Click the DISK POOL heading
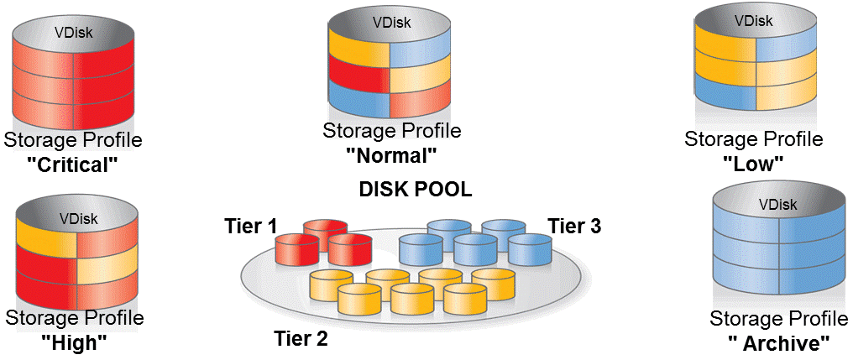[416, 190]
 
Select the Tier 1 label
[249, 227]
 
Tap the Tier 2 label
[301, 338]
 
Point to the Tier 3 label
[574, 226]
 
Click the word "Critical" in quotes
[72, 164]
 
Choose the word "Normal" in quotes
[392, 155]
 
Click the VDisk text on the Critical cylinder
[74, 34]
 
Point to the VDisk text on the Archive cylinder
[778, 204]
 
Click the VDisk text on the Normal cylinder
[391, 23]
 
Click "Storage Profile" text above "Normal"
[392, 131]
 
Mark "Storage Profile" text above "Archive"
[778, 318]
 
